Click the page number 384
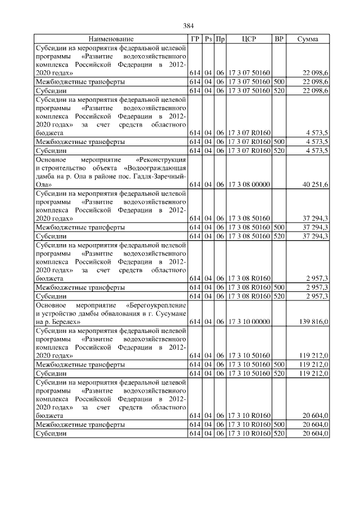tap(188, 26)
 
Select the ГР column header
tap(195, 39)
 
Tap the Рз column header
tap(208, 39)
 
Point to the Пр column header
tap(221, 39)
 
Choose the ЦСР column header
tap(249, 39)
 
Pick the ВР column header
tap(278, 39)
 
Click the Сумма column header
tap(308, 39)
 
